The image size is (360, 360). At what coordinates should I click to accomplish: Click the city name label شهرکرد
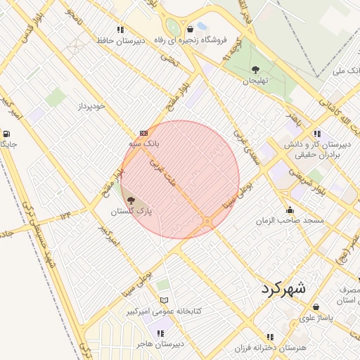click(x=283, y=288)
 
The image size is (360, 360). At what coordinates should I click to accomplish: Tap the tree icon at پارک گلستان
click(x=131, y=201)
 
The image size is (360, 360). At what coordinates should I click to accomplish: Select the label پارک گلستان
click(x=131, y=211)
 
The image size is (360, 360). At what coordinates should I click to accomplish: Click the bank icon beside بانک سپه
click(x=144, y=133)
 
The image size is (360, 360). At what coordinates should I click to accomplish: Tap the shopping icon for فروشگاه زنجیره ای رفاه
click(x=191, y=30)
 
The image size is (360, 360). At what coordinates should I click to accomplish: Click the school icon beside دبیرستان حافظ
click(x=120, y=30)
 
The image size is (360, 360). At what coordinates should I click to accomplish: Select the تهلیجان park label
click(x=256, y=82)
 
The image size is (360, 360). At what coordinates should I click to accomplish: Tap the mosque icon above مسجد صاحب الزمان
click(x=290, y=210)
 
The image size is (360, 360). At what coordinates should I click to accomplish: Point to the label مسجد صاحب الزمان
click(x=290, y=221)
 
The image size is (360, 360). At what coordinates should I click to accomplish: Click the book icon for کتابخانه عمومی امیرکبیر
click(x=164, y=300)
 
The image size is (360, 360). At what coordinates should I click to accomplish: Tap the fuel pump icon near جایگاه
click(x=6, y=134)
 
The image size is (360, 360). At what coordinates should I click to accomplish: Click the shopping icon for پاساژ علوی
click(x=316, y=307)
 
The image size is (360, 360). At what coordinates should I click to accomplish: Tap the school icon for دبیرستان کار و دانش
click(x=317, y=133)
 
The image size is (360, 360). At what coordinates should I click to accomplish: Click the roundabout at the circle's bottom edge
click(x=207, y=222)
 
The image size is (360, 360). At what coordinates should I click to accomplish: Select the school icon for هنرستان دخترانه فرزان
click(x=270, y=337)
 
